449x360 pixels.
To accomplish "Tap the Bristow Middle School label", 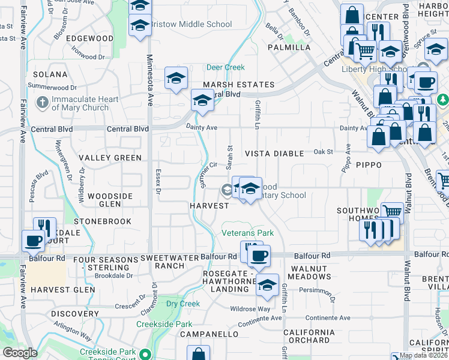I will tap(190, 25).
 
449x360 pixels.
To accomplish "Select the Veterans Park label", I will tap(247, 232).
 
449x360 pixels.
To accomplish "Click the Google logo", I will tap(19, 353).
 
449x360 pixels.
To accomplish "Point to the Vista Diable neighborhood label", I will tap(274, 154).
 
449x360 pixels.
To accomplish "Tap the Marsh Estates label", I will tap(238, 85).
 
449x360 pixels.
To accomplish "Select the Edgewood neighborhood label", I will tap(90, 38).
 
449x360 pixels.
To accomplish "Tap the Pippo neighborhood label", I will tap(369, 164).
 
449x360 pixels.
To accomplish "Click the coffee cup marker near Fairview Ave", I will tap(33, 241).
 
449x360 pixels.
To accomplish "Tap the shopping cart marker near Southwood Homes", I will tap(391, 211).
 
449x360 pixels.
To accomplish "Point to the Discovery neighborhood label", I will tap(74, 314).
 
